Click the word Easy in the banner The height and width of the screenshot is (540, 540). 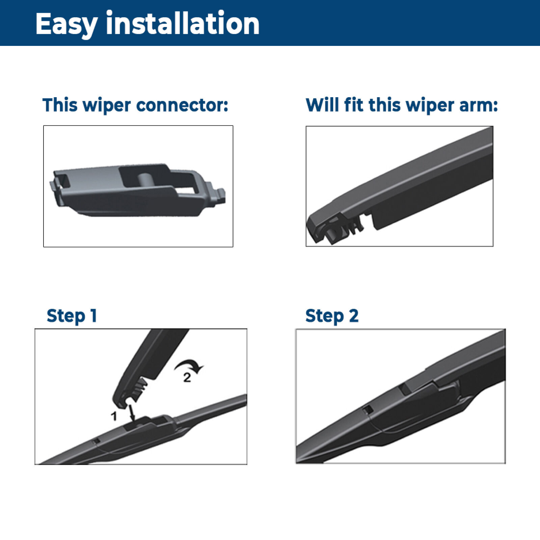66,24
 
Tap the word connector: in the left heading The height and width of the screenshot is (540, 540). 182,105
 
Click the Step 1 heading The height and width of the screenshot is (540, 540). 72,316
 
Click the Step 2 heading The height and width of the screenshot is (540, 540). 332,316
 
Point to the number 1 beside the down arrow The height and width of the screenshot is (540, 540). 114,416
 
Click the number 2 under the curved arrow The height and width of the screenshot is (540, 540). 187,377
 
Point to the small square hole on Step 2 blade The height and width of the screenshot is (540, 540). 368,410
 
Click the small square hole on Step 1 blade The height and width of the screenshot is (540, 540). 96,441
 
